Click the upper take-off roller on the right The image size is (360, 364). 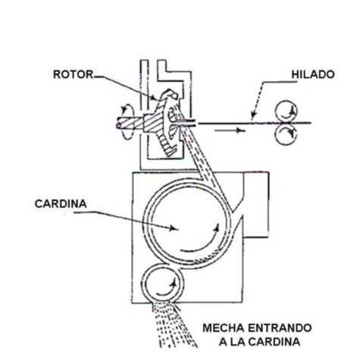tap(287, 107)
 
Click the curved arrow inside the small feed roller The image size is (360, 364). tap(177, 287)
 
